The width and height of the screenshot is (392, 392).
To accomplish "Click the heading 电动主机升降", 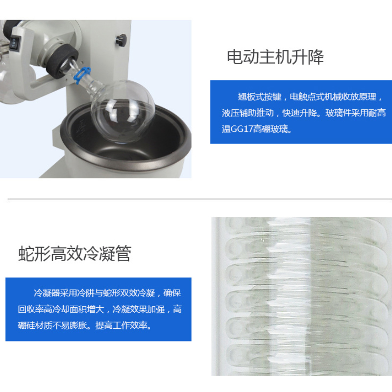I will point(275,57).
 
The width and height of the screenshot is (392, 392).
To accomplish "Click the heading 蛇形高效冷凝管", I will point(74,254).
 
